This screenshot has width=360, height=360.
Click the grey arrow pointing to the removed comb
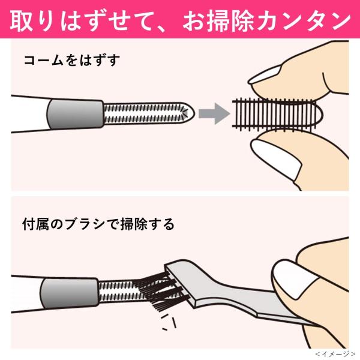tap(214, 113)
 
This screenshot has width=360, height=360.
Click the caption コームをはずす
tap(72, 61)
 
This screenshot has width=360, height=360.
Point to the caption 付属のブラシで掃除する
tap(98, 224)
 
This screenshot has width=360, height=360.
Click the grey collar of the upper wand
tap(76, 114)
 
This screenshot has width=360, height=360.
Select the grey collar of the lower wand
tap(70, 293)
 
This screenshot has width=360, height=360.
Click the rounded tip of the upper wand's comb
tap(188, 113)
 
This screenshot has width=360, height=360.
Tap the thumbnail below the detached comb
tap(277, 159)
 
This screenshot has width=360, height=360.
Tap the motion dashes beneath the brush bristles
tap(169, 322)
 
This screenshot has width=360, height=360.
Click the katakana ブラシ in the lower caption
tap(84, 224)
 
